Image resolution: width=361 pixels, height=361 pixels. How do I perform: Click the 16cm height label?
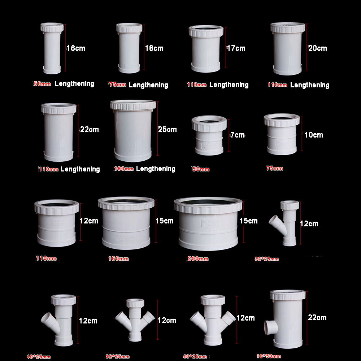pos(76,48)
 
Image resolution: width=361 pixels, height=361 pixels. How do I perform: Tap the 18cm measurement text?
pos(154,48)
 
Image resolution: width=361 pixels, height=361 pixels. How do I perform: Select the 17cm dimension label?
pos(236,48)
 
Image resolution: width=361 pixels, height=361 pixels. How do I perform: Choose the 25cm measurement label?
pos(168,129)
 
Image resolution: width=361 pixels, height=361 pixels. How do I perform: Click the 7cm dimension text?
pos(238,135)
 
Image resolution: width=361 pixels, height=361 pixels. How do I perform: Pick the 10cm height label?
pos(314,135)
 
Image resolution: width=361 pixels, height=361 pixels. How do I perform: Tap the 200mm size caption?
pos(198,259)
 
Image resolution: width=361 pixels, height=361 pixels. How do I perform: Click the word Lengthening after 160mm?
pos(156,169)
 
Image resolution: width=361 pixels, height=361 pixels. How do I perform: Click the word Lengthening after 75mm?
pos(148,85)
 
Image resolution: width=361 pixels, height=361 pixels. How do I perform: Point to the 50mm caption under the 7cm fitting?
pos(200,169)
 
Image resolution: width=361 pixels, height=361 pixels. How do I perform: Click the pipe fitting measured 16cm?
pos(52,49)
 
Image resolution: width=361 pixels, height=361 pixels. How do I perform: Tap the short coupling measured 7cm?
pos(209,135)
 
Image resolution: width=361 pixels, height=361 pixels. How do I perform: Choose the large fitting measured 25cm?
pos(133,131)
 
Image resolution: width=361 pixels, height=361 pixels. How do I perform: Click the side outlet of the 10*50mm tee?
pos(270,327)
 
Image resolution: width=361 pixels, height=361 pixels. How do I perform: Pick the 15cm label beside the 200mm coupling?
pos(249,221)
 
